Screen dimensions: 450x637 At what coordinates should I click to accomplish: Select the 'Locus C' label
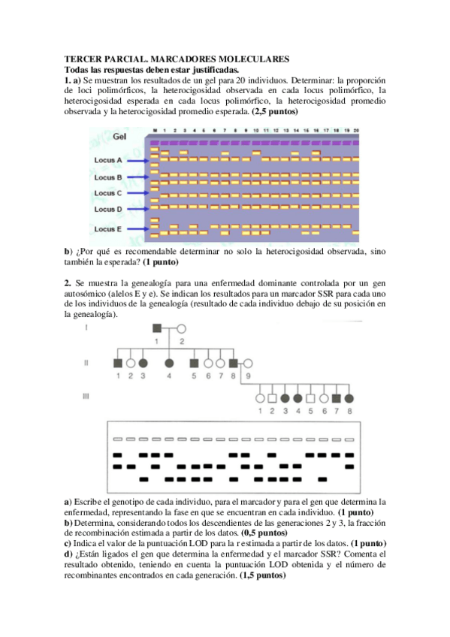pos(108,193)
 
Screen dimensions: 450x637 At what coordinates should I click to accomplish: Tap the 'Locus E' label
pos(108,228)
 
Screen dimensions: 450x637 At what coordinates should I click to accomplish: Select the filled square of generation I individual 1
pos(158,328)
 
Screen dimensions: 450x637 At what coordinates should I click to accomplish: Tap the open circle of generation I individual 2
pos(181,328)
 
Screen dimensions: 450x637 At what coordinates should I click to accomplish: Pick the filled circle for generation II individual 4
pos(169,364)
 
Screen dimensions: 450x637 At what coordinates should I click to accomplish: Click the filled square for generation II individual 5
pos(194,364)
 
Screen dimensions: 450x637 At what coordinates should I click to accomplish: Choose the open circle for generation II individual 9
pos(247,364)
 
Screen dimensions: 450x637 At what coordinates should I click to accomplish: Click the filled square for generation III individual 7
pos(337,398)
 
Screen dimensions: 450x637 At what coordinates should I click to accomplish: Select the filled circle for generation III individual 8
pos(349,398)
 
